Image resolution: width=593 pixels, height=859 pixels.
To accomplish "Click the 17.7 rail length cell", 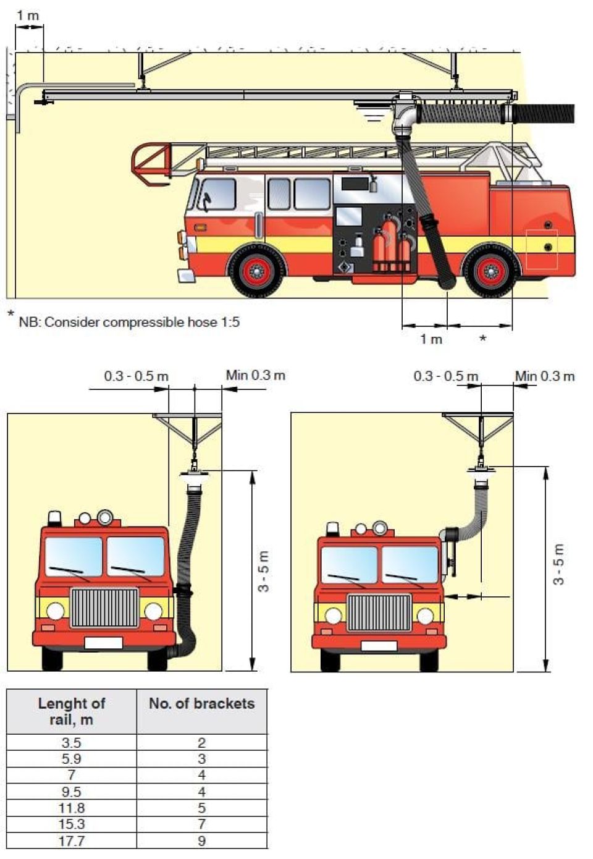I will coord(71,840).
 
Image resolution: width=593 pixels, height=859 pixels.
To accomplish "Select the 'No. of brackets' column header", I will coord(201,704).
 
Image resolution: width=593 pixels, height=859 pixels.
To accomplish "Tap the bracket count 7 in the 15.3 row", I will coord(201,824).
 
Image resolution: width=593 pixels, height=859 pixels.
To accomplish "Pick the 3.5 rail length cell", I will coord(71,742).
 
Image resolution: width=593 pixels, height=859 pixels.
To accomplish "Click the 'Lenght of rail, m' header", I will coord(71,711).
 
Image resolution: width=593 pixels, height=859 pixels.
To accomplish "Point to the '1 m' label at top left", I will coord(28,15).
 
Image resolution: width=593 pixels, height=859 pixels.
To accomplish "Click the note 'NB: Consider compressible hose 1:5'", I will coord(128,322).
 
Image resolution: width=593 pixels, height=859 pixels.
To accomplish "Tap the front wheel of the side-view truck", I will coord(257,270).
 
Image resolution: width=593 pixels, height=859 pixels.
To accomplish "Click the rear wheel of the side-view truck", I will coord(491,271).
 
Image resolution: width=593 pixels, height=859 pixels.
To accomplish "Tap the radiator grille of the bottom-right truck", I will coord(379,612).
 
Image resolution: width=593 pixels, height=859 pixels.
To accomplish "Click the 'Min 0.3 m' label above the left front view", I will coord(255,375).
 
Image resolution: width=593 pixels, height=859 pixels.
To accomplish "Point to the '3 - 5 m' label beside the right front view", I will coord(558,564).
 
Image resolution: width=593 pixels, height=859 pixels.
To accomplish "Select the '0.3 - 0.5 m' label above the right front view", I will coord(445,376).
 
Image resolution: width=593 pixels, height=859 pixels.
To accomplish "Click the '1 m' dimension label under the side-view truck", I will coord(431,339).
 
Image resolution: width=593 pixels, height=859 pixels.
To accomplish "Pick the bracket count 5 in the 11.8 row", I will coord(201,808).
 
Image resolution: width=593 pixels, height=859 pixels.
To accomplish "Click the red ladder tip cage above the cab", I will coord(151,163).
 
